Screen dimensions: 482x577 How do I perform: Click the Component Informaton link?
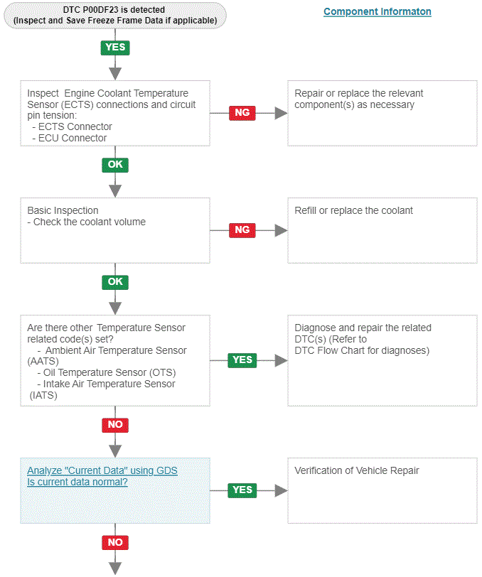(x=377, y=12)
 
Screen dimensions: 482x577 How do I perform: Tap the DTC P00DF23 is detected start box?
(x=115, y=16)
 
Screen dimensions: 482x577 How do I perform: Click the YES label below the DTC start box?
(x=115, y=48)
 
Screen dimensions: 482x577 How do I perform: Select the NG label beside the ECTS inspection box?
(x=242, y=112)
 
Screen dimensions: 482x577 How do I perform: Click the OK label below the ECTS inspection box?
(x=115, y=164)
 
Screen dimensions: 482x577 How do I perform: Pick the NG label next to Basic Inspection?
(x=242, y=230)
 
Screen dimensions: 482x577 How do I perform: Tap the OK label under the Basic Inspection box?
(x=115, y=282)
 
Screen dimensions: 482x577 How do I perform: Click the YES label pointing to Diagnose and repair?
(x=242, y=360)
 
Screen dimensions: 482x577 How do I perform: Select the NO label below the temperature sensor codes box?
(x=115, y=425)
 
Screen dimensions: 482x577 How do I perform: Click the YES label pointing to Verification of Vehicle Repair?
(x=242, y=490)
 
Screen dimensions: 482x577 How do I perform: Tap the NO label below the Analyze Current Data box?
(x=115, y=542)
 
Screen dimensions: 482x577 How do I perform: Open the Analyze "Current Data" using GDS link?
(x=102, y=470)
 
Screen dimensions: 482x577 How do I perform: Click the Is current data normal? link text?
(x=77, y=482)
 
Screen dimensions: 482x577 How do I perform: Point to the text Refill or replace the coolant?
(x=353, y=210)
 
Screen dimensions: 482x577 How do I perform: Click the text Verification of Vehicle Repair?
(x=357, y=470)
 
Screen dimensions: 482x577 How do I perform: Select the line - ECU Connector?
(x=70, y=138)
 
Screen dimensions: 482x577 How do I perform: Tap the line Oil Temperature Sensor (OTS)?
(x=107, y=373)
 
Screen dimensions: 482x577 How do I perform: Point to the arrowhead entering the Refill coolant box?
(x=282, y=230)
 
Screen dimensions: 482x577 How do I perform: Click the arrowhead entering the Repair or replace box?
(x=282, y=113)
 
